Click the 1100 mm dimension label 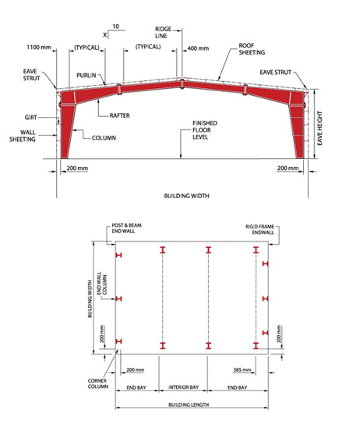pyautogui.click(x=39, y=48)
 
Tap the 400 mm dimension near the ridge pyautogui.click(x=198, y=48)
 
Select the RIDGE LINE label pyautogui.click(x=163, y=33)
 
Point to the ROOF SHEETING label pyautogui.click(x=252, y=49)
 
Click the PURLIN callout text pyautogui.click(x=86, y=75)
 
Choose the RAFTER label pyautogui.click(x=120, y=115)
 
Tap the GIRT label pyautogui.click(x=30, y=118)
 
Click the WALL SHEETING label pyautogui.click(x=23, y=136)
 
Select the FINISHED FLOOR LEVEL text pyautogui.click(x=205, y=130)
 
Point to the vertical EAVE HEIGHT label pyautogui.click(x=319, y=128)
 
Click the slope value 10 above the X pyautogui.click(x=115, y=26)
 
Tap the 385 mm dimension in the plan pyautogui.click(x=242, y=369)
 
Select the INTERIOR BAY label pyautogui.click(x=184, y=387)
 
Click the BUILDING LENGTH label pyautogui.click(x=189, y=405)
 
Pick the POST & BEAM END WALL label pyautogui.click(x=126, y=228)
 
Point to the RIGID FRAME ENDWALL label pyautogui.click(x=259, y=229)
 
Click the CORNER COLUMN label pyautogui.click(x=98, y=383)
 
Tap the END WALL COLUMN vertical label pyautogui.click(x=101, y=284)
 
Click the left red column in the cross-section pyautogui.click(x=67, y=125)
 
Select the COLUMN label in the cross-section pyautogui.click(x=104, y=138)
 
